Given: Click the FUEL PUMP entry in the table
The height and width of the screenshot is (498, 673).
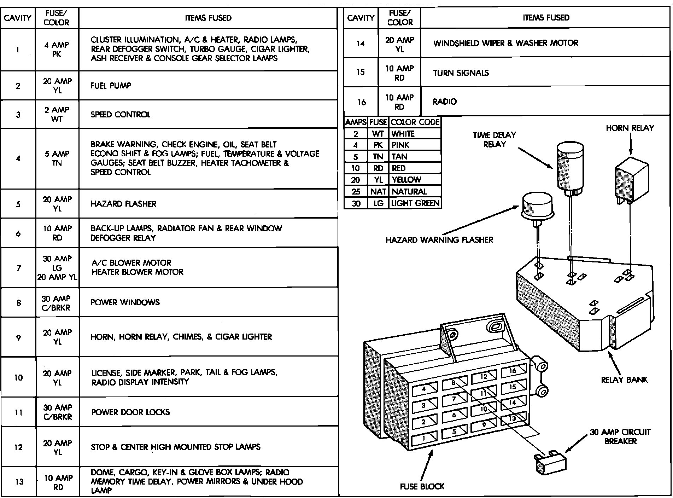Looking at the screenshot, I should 111,86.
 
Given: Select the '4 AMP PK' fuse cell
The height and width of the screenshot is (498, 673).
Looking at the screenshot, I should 57,50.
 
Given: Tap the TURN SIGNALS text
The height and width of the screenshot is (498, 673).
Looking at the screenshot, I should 461,73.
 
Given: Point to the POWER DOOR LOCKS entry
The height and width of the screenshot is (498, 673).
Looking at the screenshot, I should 130,412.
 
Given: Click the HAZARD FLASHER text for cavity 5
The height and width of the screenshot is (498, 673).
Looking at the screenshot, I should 123,204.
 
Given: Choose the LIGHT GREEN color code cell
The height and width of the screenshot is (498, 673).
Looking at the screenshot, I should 415,203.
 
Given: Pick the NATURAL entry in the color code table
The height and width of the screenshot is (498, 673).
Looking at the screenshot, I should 409,192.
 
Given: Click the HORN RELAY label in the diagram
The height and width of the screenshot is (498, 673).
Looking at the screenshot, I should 630,128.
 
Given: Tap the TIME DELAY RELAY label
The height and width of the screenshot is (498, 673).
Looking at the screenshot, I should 494,139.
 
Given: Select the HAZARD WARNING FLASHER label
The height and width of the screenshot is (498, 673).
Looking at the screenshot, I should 439,240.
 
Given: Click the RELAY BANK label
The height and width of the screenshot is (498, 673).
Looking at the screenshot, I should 624,380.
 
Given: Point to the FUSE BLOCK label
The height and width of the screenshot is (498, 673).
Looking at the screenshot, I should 422,487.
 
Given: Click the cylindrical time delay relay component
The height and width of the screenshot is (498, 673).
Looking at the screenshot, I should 570,166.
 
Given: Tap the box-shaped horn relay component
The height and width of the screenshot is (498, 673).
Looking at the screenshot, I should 632,183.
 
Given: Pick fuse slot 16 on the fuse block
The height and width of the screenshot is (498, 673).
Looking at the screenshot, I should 513,371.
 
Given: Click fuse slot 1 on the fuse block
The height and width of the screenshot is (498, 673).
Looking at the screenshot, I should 424,439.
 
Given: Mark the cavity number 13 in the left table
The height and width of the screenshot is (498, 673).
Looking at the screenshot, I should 19,482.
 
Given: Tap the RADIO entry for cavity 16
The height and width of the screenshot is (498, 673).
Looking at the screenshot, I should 445,102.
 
